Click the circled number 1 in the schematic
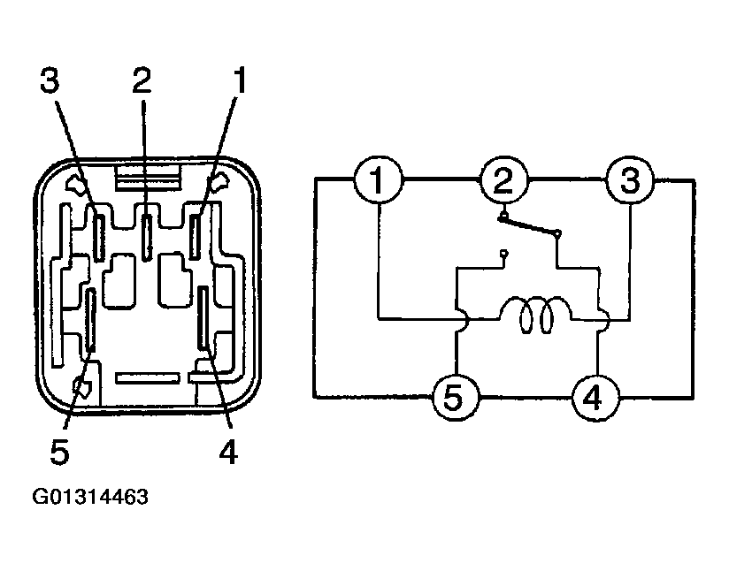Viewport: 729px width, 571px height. (378, 179)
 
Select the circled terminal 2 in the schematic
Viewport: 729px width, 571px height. (504, 179)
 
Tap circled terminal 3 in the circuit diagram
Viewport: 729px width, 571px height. (630, 179)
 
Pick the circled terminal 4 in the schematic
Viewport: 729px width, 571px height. (595, 398)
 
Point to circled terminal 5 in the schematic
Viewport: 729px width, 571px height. (456, 398)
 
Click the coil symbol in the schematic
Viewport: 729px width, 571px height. (535, 315)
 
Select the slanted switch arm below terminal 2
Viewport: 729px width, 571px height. (531, 225)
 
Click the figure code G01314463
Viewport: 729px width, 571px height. (90, 497)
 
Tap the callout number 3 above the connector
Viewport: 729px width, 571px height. (50, 80)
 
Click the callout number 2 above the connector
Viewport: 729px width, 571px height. (142, 80)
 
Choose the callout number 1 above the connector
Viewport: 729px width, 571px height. (240, 80)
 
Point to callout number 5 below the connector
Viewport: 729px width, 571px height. (59, 451)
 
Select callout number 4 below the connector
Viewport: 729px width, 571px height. (228, 451)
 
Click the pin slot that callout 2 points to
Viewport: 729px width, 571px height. (147, 237)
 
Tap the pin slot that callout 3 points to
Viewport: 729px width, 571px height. (98, 237)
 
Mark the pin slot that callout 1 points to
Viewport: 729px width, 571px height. (195, 236)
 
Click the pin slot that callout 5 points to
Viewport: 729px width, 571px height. (91, 320)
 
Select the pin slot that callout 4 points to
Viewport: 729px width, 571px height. (203, 317)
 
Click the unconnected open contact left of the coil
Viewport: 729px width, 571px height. (504, 254)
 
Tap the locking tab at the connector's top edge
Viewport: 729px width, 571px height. (147, 177)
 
